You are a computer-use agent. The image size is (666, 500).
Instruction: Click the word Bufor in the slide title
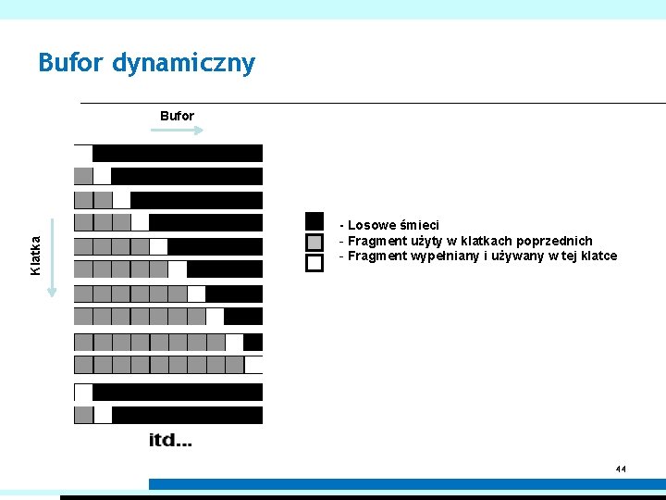click(71, 63)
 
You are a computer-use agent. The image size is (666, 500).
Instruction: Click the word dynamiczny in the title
click(183, 65)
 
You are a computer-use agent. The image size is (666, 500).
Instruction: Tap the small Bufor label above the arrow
click(177, 116)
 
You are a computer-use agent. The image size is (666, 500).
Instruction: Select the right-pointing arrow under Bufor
click(177, 131)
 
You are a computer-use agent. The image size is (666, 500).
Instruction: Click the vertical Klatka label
click(35, 255)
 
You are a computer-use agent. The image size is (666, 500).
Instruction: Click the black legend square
click(314, 221)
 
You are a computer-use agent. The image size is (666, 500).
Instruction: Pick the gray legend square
click(314, 242)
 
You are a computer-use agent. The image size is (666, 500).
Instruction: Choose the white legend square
click(314, 262)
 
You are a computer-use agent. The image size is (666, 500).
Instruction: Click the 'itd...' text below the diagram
click(171, 440)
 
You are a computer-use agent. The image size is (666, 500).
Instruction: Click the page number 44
click(621, 469)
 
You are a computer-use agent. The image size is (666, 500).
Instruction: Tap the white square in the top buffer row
click(83, 153)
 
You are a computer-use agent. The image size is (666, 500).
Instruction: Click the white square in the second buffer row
click(102, 176)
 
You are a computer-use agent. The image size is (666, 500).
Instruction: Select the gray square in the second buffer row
click(83, 176)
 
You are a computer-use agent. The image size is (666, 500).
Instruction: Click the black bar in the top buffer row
click(178, 153)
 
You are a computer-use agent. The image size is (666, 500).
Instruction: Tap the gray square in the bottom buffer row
click(83, 415)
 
